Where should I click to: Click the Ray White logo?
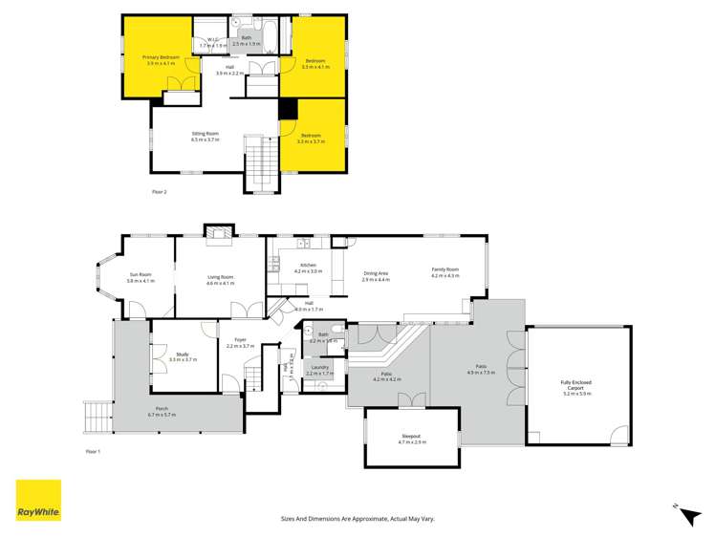(x=38, y=500)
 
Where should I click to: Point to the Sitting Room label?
(x=206, y=137)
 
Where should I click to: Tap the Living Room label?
(x=221, y=280)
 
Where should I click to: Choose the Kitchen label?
(x=308, y=268)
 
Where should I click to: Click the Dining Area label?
(x=376, y=276)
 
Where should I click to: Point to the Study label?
(x=183, y=357)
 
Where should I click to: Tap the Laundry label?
(x=319, y=371)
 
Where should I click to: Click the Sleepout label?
(x=413, y=440)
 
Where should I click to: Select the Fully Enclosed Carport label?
(x=577, y=389)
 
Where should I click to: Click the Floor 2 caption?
(x=159, y=192)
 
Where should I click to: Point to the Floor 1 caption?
(x=93, y=450)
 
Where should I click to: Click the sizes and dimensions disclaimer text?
(x=358, y=518)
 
